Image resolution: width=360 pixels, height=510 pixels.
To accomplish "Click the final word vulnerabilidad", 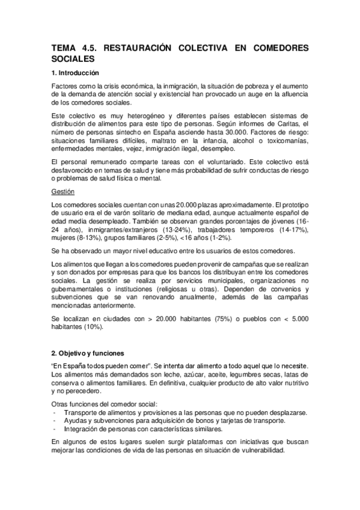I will click(x=260, y=451).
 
